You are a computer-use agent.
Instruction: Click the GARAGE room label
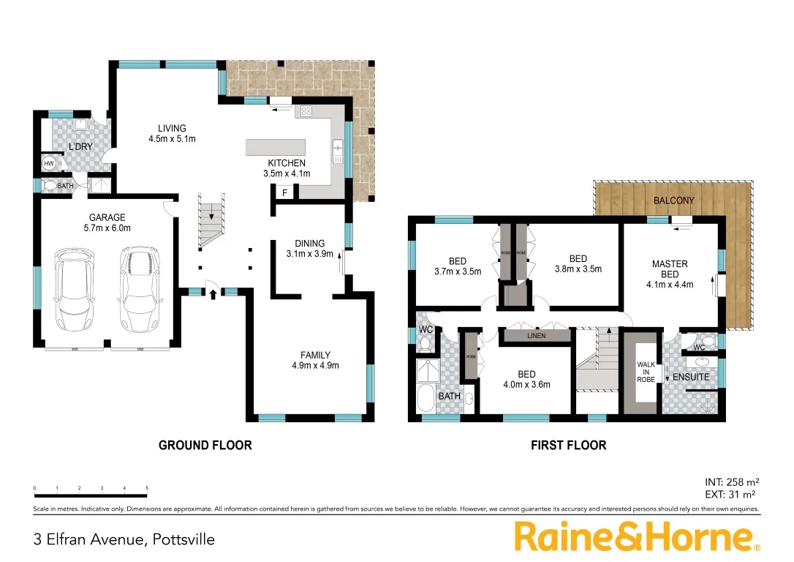[x=107, y=217]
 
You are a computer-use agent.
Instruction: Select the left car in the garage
[x=75, y=289]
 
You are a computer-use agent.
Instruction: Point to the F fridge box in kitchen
[x=284, y=192]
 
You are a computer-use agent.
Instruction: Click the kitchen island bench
[x=275, y=146]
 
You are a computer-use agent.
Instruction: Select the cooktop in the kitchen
[x=306, y=112]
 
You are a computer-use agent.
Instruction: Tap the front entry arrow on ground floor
[x=213, y=295]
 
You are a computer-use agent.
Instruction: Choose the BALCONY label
[x=673, y=200]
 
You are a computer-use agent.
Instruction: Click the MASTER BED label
[x=670, y=269]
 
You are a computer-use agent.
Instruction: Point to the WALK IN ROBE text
[x=646, y=372]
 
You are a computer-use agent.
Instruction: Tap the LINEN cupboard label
[x=536, y=336]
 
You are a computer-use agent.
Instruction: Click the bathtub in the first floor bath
[x=425, y=400]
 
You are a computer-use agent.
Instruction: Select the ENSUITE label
[x=690, y=377]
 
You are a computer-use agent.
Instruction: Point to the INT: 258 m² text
[x=732, y=482]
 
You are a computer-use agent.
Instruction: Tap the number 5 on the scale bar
[x=147, y=488]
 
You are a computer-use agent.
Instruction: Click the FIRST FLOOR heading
[x=568, y=445]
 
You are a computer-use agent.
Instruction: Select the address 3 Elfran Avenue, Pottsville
[x=124, y=540]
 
